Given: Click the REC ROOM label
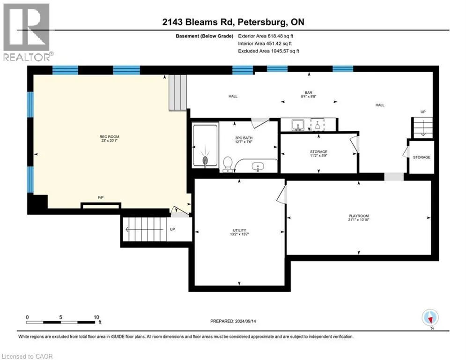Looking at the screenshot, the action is tap(110, 136).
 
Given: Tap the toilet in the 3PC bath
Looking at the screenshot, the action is tap(228, 164).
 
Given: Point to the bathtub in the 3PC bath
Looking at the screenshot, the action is tap(205, 145).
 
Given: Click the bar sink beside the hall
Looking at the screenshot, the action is tap(297, 125).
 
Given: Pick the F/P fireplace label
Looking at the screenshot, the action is tap(101, 197).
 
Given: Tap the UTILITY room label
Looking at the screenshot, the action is tap(239, 230).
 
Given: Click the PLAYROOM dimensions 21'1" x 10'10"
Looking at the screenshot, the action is tap(359, 220).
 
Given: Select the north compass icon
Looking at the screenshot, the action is tap(430, 318).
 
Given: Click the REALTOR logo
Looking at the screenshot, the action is tap(27, 32).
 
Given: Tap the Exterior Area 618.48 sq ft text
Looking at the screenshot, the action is tap(266, 36).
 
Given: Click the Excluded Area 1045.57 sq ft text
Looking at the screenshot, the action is tap(269, 51).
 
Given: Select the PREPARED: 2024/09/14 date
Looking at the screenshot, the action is tap(233, 321).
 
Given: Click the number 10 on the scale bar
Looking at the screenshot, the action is tap(96, 317).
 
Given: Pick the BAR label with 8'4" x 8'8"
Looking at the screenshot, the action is tap(309, 95).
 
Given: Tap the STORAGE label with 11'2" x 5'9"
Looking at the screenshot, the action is tap(318, 154).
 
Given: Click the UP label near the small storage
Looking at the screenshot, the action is tap(423, 112).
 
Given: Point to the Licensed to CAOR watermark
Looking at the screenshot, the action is tap(27, 356).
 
